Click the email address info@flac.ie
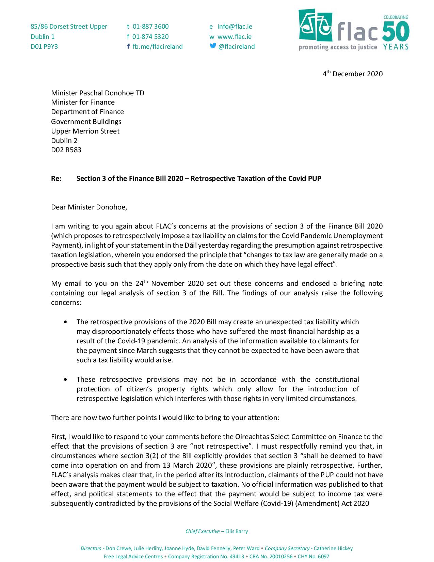235,27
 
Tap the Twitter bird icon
213,46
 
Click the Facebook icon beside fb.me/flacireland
128,46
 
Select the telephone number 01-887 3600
150,27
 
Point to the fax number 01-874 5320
150,36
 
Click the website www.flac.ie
235,36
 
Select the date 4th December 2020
353,74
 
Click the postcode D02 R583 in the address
66,150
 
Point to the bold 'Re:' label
57,178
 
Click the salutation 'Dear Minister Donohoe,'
89,207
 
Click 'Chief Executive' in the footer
203,531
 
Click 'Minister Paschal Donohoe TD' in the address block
98,93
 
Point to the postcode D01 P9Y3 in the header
44,47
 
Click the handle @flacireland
236,47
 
